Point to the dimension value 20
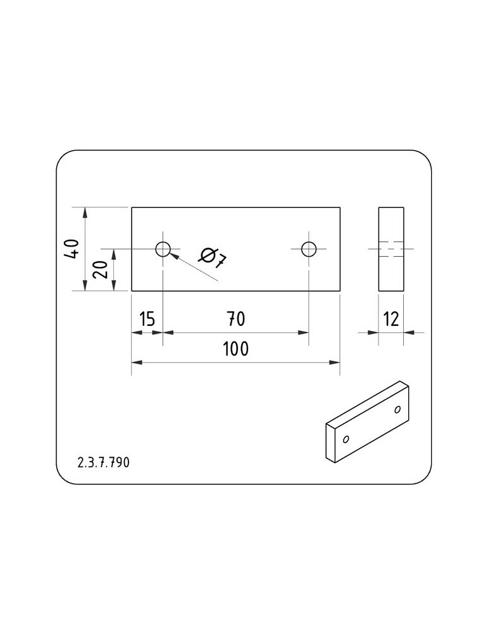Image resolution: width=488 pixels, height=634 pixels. coord(100,269)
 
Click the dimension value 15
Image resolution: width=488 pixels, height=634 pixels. coord(147,319)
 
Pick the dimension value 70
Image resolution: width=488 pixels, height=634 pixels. coord(236,319)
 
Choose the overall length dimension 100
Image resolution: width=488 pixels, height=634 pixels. coord(236,349)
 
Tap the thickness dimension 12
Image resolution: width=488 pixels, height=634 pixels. coord(391,319)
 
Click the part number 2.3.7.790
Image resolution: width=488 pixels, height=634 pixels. coord(103,463)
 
